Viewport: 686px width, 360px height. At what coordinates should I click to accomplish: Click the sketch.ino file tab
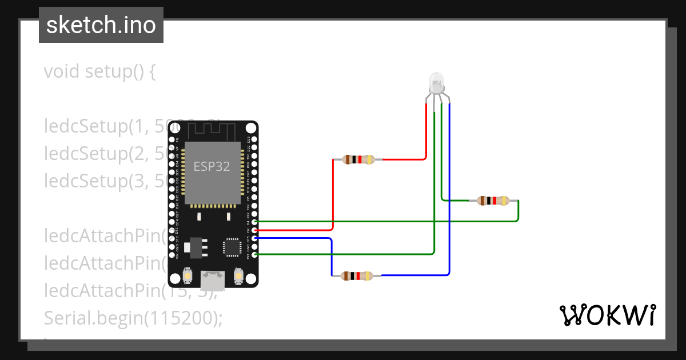pyautogui.click(x=101, y=25)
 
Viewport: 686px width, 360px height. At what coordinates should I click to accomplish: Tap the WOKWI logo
pyautogui.click(x=607, y=315)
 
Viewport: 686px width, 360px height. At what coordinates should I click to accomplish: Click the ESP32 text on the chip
pyautogui.click(x=212, y=166)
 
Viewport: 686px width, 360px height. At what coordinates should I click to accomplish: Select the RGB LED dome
pyautogui.click(x=437, y=83)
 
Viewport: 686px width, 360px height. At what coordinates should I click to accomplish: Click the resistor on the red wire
pyautogui.click(x=358, y=159)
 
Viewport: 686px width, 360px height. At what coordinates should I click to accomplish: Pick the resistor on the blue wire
pyautogui.click(x=357, y=276)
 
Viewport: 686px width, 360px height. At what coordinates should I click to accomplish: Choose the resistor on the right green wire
pyautogui.click(x=492, y=201)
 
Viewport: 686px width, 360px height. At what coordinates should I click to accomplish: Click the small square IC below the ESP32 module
pyautogui.click(x=232, y=247)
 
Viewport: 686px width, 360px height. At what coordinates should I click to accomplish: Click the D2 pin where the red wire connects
pyautogui.click(x=254, y=230)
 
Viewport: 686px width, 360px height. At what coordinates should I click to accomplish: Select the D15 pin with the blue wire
pyautogui.click(x=254, y=238)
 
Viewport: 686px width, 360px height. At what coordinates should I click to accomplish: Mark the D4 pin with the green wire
pyautogui.click(x=254, y=221)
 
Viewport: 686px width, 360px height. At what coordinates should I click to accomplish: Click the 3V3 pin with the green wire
pyautogui.click(x=254, y=254)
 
